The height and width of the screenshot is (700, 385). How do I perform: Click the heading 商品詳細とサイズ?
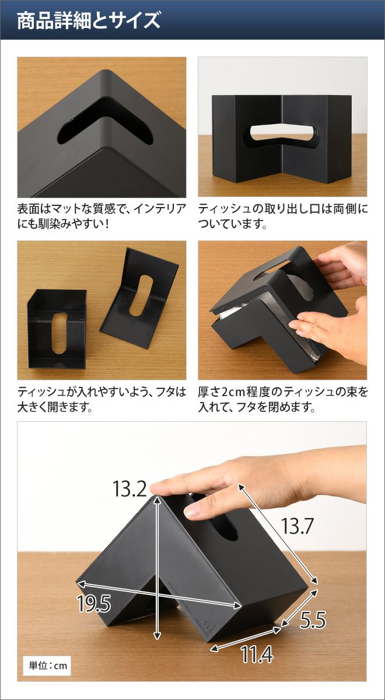[x=89, y=21]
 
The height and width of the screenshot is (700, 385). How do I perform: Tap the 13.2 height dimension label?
[x=129, y=489]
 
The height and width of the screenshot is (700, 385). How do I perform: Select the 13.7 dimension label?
[x=297, y=526]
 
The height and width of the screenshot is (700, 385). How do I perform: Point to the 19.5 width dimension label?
[x=94, y=603]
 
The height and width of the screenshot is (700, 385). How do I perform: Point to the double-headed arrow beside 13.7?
[x=278, y=533]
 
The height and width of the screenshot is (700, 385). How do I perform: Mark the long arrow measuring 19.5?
[x=159, y=594]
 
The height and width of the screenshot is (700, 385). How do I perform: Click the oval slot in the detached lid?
[x=141, y=295]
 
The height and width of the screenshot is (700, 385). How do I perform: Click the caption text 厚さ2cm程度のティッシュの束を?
[x=283, y=392]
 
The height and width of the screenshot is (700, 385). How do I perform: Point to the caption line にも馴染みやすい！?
[x=63, y=224]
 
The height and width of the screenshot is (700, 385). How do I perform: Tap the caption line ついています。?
[x=233, y=224]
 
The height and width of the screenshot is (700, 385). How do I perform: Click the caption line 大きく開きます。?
[x=55, y=407]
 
